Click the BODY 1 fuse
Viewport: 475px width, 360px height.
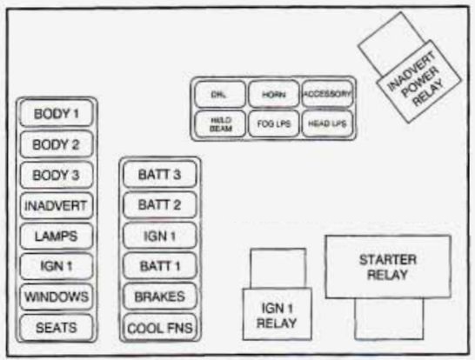point(57,114)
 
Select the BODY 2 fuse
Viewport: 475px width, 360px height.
point(57,144)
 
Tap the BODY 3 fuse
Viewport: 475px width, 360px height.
point(57,175)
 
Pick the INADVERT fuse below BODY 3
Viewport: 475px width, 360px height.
point(57,206)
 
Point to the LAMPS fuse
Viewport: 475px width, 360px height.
point(57,236)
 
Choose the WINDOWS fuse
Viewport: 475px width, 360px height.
point(57,297)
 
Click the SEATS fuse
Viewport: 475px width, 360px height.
point(57,327)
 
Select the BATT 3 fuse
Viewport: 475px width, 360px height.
point(160,175)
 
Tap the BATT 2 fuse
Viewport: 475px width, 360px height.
point(160,205)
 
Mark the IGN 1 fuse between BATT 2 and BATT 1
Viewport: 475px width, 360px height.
point(160,236)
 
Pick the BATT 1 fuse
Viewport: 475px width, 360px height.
point(160,266)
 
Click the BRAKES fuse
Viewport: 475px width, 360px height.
point(160,297)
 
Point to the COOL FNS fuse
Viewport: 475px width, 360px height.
point(160,328)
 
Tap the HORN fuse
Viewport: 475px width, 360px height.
point(273,93)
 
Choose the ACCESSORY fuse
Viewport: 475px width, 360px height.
point(327,93)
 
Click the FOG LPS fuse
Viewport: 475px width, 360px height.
point(273,123)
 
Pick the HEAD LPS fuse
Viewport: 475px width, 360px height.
point(327,123)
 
